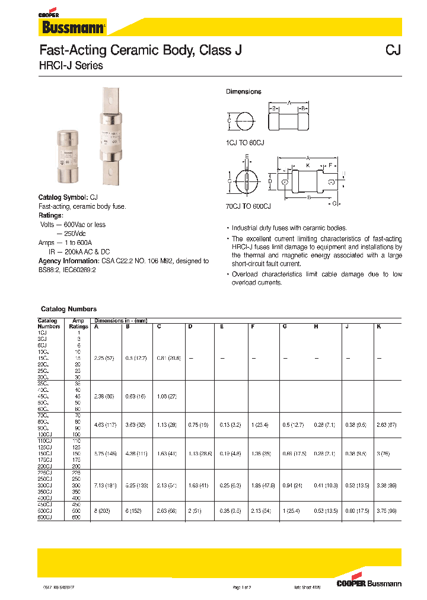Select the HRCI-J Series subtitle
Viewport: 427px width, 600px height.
point(71,66)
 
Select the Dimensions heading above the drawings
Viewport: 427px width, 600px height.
point(243,92)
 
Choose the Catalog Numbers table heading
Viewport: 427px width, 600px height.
point(68,309)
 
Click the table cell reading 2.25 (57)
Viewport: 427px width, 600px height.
point(104,358)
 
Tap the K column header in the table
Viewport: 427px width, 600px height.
point(378,326)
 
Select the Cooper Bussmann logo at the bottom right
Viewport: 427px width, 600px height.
point(368,583)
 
